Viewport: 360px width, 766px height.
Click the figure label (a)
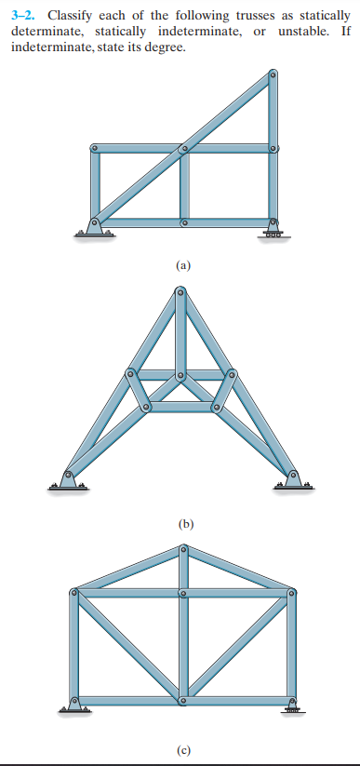183,265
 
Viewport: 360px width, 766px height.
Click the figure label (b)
183,524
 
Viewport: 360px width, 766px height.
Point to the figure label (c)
183,747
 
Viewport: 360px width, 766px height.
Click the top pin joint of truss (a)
273,75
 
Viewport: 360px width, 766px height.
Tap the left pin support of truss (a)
94,225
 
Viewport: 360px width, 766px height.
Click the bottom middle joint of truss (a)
184,223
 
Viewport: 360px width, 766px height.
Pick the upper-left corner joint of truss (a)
94,149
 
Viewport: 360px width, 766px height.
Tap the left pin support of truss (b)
69,477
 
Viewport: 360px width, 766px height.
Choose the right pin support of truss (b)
294,477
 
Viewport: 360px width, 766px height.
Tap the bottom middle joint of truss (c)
183,699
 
